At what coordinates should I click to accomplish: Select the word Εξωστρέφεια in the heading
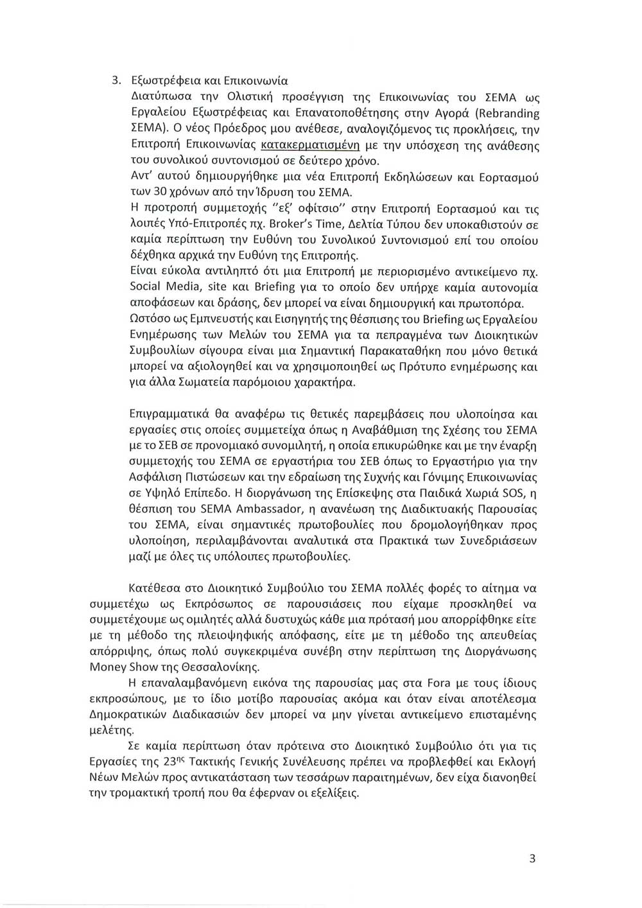tap(160, 81)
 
